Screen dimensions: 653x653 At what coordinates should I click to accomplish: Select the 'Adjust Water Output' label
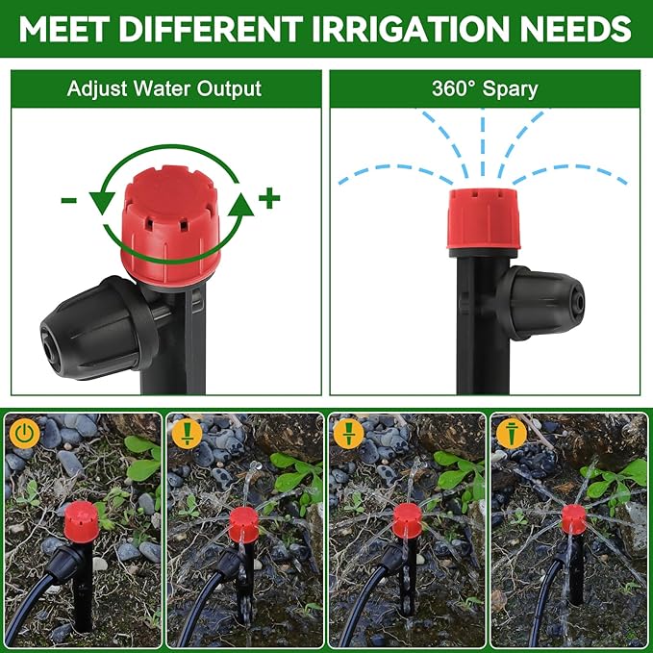coord(163,89)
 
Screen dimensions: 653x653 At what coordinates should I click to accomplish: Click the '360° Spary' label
coord(485,89)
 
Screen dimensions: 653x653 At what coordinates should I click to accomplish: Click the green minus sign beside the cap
coord(69,200)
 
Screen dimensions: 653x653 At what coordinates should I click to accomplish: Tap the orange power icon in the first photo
coord(25,433)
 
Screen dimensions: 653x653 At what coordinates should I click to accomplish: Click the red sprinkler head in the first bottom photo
coord(79,515)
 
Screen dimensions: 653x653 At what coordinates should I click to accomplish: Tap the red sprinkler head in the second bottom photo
coord(244,524)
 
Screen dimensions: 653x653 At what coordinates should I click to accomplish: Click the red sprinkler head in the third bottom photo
coord(407,520)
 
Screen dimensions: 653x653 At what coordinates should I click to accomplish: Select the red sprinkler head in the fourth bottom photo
coord(574,518)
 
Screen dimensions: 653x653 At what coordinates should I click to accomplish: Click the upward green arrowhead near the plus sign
coord(243,202)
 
